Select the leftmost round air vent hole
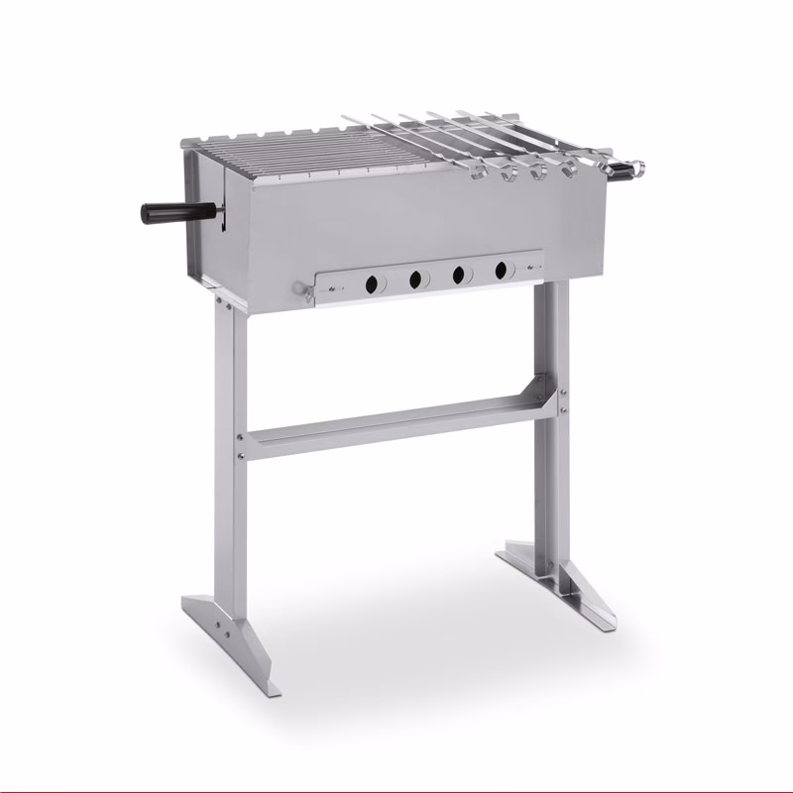click(x=372, y=284)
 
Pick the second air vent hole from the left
click(x=415, y=280)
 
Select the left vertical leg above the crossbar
click(x=227, y=367)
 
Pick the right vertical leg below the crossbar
click(x=548, y=486)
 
